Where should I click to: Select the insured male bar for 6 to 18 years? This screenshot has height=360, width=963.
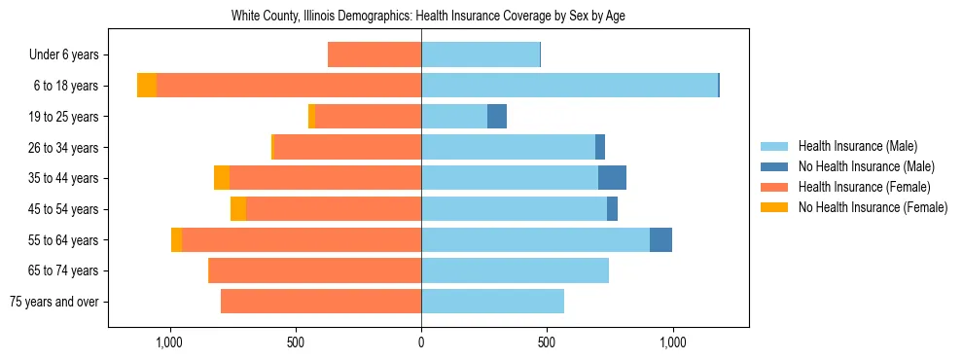(x=569, y=86)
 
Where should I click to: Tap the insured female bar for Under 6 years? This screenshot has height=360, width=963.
(x=374, y=54)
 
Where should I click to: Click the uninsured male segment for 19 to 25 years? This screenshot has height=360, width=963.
(x=497, y=117)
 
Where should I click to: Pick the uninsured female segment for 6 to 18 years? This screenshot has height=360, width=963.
(x=147, y=86)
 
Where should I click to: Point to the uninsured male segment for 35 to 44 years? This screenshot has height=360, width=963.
(x=612, y=178)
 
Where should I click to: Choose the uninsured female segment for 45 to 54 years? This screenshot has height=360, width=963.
(x=238, y=209)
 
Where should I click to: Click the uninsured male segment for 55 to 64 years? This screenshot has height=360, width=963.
(x=660, y=240)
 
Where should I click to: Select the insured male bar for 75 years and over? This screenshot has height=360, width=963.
(x=492, y=302)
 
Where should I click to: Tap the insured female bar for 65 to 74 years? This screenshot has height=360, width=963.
(x=315, y=270)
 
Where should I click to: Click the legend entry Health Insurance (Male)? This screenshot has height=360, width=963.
(x=857, y=146)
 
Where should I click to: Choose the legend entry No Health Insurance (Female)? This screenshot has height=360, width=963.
(x=873, y=207)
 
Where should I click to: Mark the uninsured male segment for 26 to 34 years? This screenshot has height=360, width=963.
(x=600, y=147)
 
